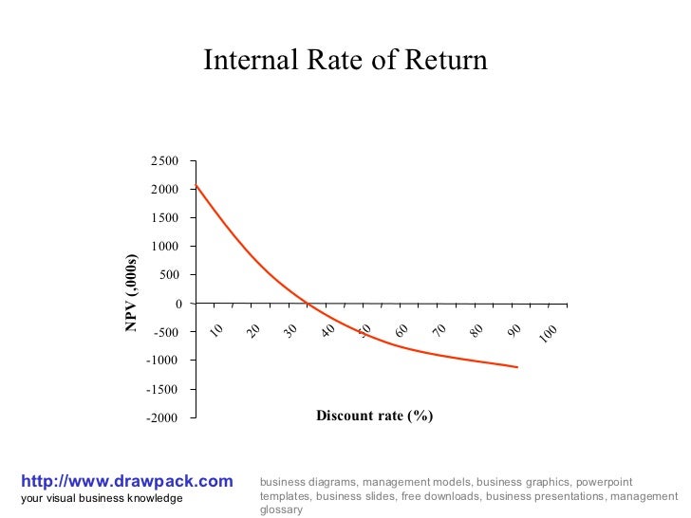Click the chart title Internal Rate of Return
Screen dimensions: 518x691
[x=345, y=62]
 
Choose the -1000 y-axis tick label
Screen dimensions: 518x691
[x=162, y=361]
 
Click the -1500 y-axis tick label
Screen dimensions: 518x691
[x=162, y=389]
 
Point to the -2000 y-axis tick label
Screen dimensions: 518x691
[x=162, y=417]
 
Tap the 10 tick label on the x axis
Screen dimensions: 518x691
[x=216, y=329]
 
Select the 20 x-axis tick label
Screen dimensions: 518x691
[x=253, y=329]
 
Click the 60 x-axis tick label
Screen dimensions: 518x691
[x=402, y=329]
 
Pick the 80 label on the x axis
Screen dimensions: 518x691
[x=476, y=329]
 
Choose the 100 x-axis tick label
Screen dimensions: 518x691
[x=549, y=333]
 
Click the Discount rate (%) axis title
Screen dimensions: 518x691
[x=374, y=416]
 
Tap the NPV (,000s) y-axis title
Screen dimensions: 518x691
[x=132, y=294]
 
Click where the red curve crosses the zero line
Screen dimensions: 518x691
[x=308, y=304]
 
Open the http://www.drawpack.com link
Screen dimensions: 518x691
[x=126, y=482]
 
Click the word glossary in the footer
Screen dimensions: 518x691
[x=281, y=509]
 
